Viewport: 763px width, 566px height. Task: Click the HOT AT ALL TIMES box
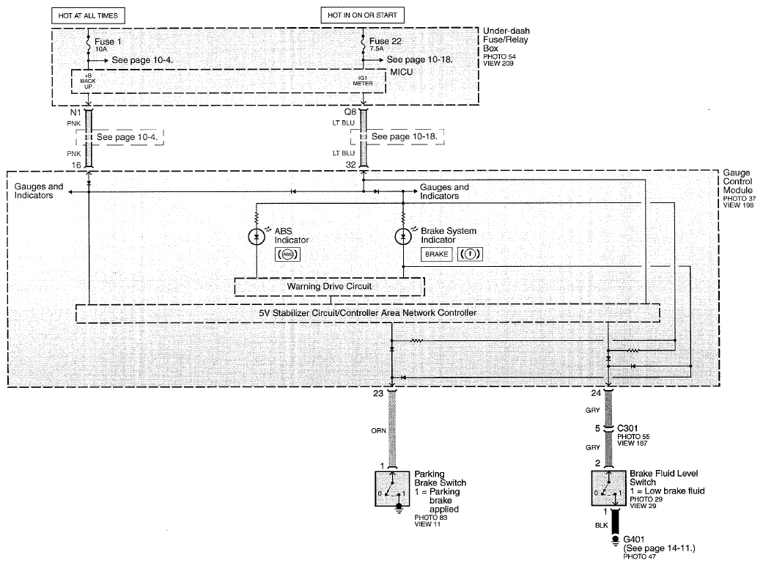click(x=88, y=15)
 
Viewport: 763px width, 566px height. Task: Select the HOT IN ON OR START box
click(x=363, y=15)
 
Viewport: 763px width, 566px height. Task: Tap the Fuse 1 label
click(x=108, y=42)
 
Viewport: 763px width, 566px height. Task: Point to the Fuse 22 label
click(x=386, y=41)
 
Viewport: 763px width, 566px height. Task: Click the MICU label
click(x=402, y=72)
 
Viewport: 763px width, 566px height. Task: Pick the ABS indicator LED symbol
click(x=257, y=237)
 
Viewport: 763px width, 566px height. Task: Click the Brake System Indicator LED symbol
click(x=403, y=237)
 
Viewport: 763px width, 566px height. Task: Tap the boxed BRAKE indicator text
click(x=437, y=254)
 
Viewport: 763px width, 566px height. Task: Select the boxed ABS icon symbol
click(x=287, y=254)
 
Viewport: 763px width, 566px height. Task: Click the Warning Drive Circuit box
click(x=329, y=287)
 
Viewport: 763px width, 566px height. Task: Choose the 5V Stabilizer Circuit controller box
click(x=368, y=313)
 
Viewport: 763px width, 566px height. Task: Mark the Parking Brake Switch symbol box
click(x=391, y=488)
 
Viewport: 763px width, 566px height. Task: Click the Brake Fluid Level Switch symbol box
click(x=609, y=488)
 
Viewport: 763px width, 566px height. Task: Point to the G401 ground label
click(x=633, y=539)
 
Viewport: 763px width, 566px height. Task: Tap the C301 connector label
click(x=627, y=428)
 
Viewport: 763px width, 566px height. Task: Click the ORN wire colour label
click(x=379, y=430)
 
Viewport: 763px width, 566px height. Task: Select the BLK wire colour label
click(x=602, y=525)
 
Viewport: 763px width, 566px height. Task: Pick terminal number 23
click(x=378, y=393)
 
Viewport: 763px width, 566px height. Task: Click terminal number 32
click(x=351, y=164)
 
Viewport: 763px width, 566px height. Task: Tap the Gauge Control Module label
click(x=737, y=182)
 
